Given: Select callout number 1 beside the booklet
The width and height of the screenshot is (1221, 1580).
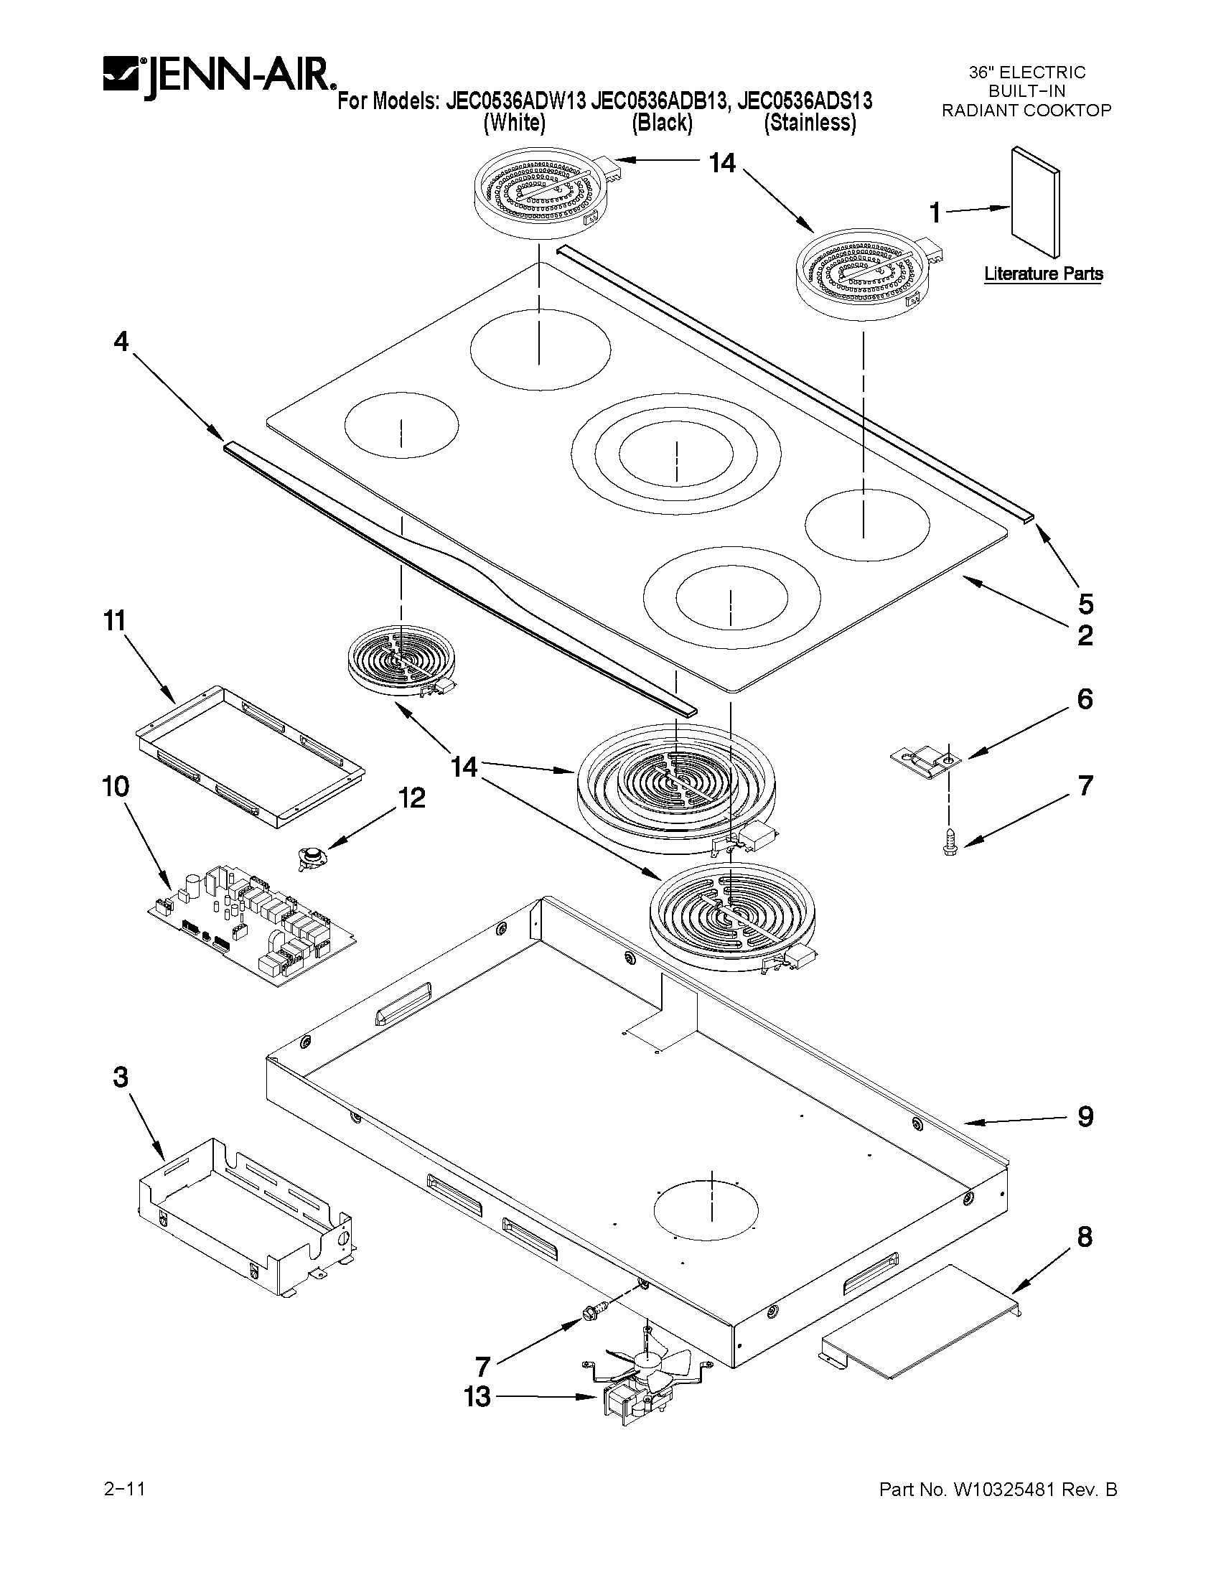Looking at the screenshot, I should (935, 212).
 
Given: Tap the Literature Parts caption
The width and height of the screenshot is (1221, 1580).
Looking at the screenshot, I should (1042, 274).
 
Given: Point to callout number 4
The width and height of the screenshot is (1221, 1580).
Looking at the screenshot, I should (121, 341).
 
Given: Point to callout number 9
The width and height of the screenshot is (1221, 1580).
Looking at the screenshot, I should (1085, 1116).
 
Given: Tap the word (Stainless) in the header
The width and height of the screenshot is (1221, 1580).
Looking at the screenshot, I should (810, 123).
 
